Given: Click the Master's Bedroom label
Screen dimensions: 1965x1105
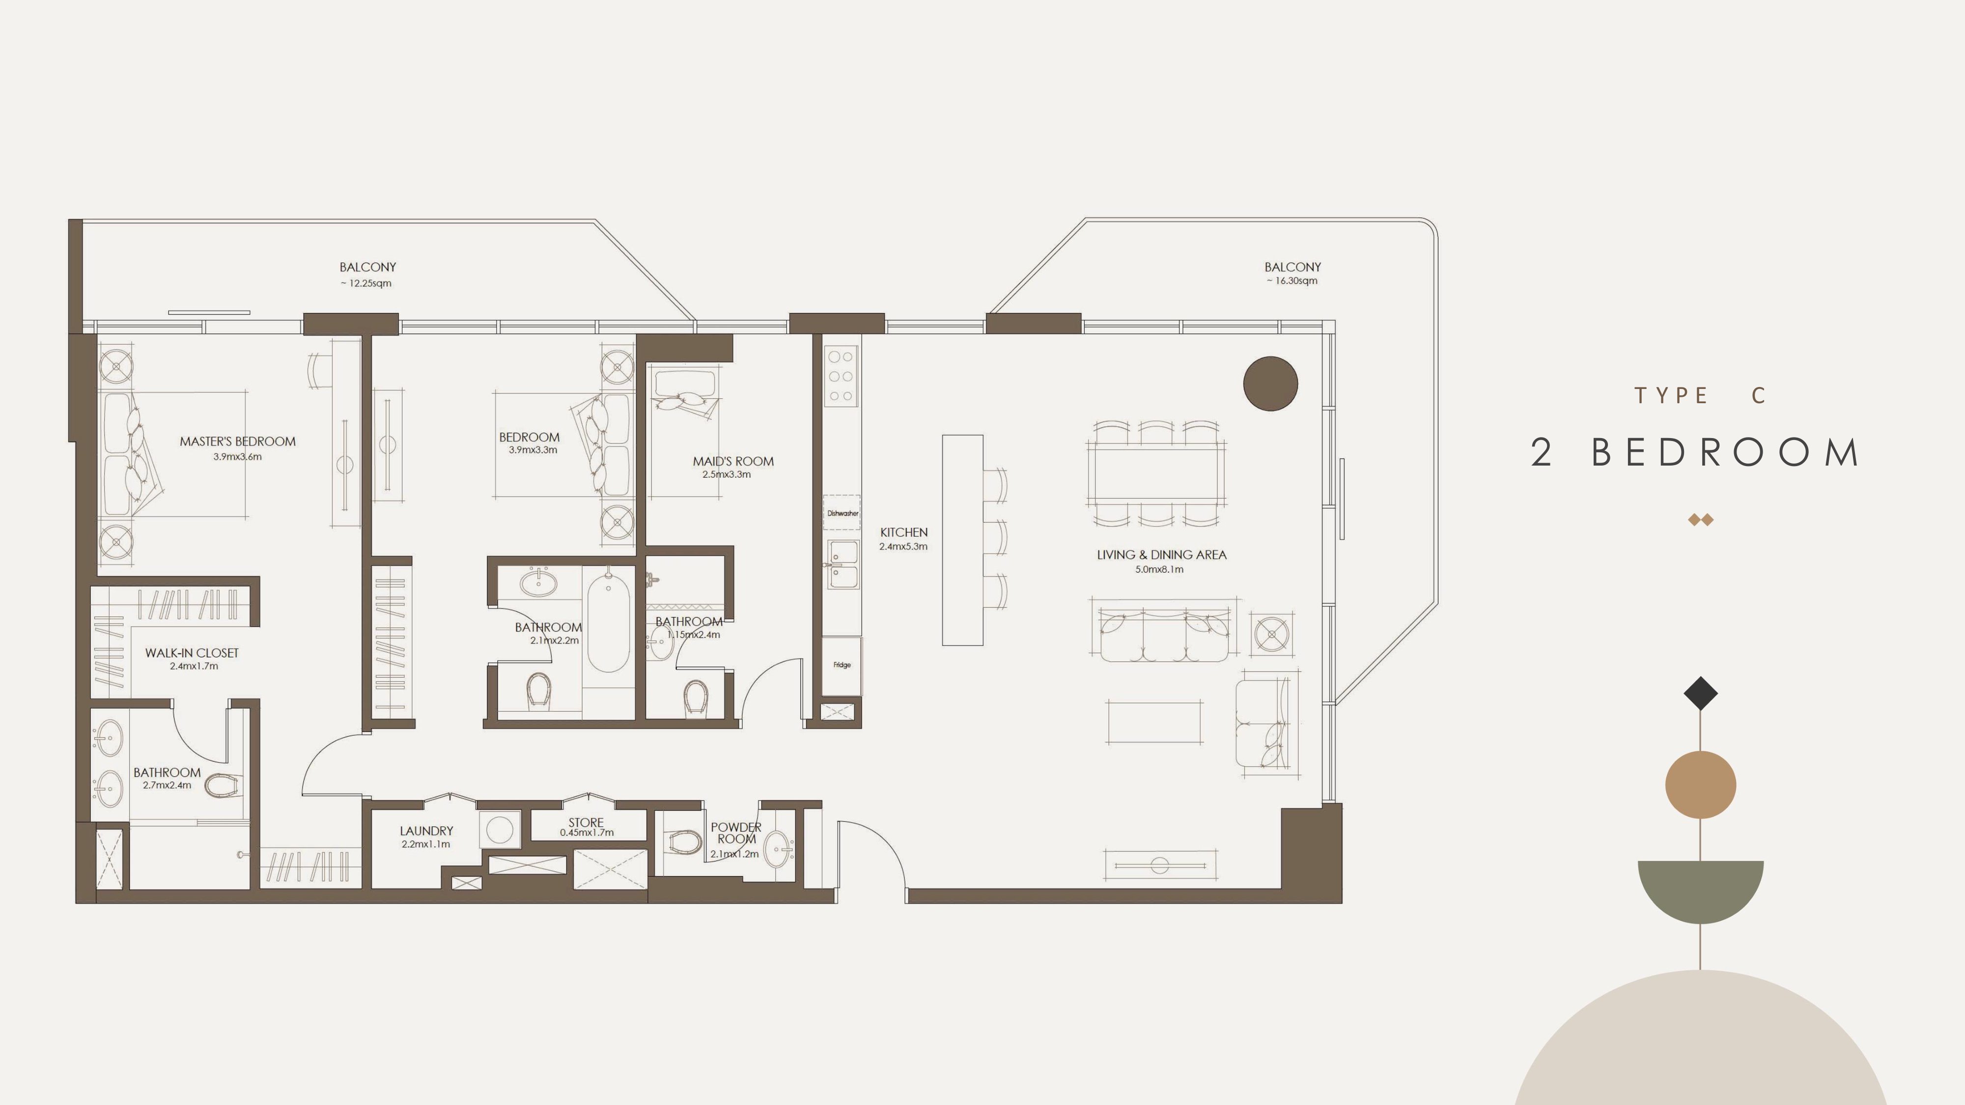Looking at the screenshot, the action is pos(237,442).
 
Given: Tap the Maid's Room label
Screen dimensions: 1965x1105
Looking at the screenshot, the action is pos(733,461).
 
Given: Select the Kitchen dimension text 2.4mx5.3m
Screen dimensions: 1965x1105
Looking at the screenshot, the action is pos(903,547).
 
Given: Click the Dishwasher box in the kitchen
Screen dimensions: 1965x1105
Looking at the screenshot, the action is pos(842,513).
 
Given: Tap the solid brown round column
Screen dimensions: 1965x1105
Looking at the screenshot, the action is pos(1270,384).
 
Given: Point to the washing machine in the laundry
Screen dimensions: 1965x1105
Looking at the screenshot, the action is pos(500,829).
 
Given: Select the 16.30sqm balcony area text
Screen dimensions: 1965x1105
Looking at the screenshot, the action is pos(1292,280).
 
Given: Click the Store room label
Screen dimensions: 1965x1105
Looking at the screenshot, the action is pos(586,823).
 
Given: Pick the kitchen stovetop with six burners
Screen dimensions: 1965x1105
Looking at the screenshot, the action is pos(842,376).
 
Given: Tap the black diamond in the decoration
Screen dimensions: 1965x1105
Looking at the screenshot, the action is pos(1700,693).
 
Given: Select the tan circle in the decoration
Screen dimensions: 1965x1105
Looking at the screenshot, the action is pos(1700,785).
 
